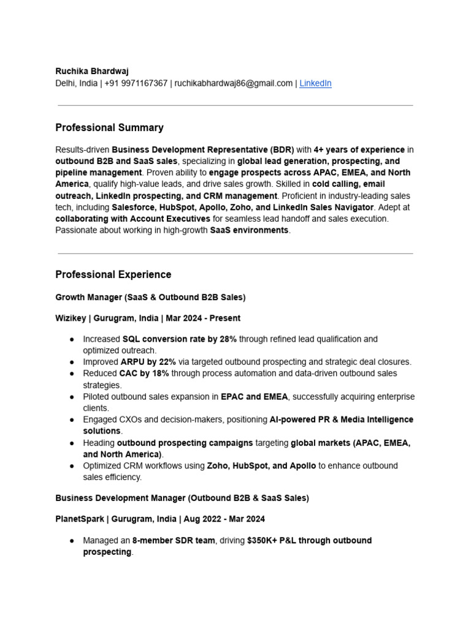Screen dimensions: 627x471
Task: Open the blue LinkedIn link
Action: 315,83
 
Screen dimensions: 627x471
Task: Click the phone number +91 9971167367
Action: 136,83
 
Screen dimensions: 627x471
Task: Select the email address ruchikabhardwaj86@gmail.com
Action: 233,83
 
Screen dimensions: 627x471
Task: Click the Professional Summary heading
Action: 109,127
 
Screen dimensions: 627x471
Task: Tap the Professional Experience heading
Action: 113,274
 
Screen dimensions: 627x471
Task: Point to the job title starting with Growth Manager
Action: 150,298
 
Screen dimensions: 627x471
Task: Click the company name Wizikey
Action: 71,318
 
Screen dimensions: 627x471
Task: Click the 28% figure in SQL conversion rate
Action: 228,339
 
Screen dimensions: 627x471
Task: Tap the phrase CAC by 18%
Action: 144,374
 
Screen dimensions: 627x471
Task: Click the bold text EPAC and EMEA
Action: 254,397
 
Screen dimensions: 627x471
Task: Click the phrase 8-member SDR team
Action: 174,541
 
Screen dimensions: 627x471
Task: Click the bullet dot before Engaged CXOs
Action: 72,420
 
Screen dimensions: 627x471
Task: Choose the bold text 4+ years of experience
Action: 359,149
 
